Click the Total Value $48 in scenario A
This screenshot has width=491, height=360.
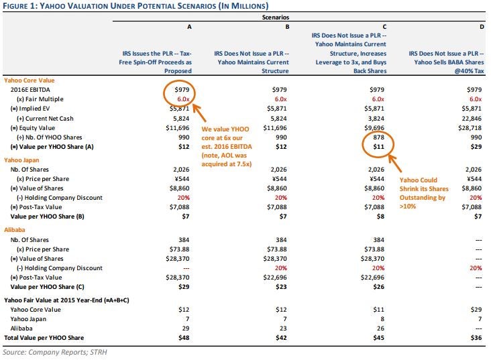point(184,338)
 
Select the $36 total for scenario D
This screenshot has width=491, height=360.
point(476,338)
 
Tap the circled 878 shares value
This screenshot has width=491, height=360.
point(378,137)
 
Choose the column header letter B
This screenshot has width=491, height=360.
point(287,27)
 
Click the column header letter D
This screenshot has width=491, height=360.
point(482,27)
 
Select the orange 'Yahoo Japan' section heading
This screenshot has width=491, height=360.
point(21,160)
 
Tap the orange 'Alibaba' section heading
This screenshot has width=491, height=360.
point(14,230)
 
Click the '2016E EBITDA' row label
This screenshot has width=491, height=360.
point(30,90)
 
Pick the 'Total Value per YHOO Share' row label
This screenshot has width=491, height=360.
point(44,338)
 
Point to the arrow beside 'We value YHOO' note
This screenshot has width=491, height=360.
point(199,113)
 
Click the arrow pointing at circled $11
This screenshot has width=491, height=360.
point(395,164)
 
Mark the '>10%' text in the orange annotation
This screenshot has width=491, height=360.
point(408,206)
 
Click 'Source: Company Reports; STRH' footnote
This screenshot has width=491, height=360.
point(55,352)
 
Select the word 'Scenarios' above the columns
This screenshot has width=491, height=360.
point(276,17)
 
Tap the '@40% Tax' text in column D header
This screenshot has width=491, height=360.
point(469,71)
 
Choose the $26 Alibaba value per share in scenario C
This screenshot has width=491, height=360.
point(378,287)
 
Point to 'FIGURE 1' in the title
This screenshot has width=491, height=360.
point(19,6)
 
